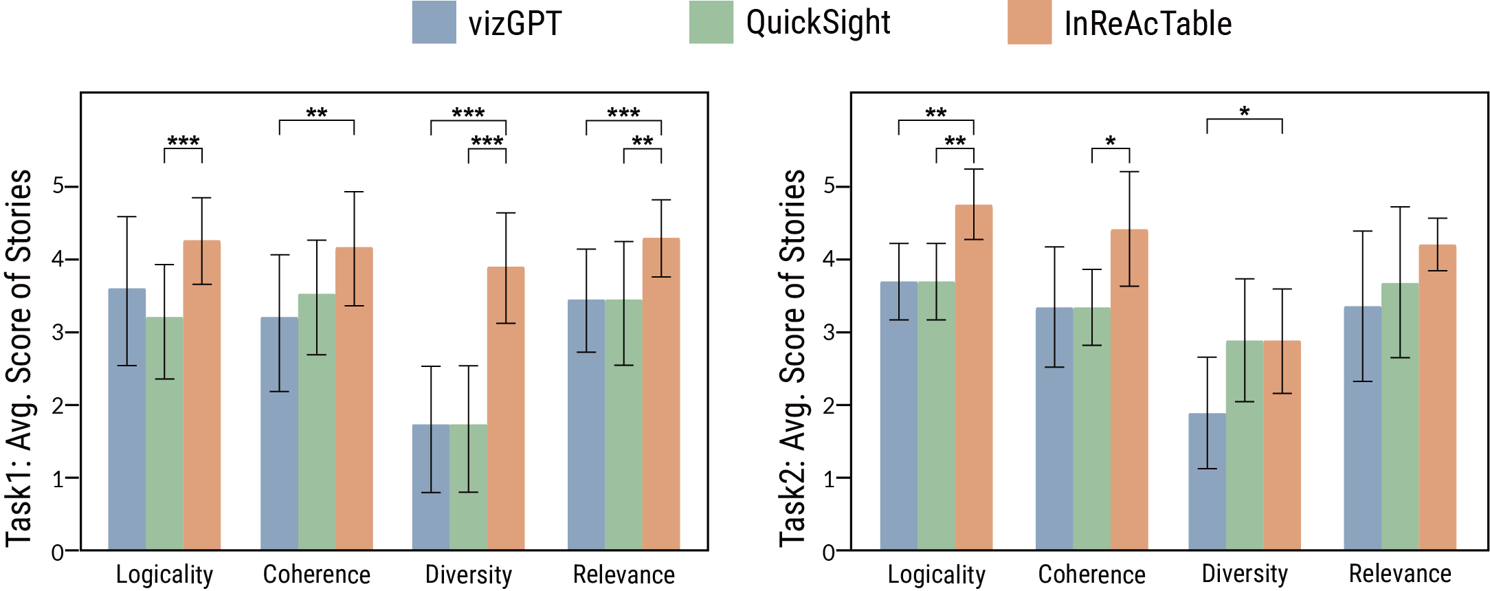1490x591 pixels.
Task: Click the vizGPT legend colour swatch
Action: (x=434, y=23)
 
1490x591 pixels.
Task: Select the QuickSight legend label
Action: (x=817, y=23)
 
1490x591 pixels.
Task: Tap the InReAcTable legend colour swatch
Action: (x=1030, y=23)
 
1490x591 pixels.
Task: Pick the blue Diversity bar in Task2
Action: (x=1207, y=481)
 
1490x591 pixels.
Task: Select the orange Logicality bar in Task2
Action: (x=974, y=378)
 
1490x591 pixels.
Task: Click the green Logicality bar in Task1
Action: (x=164, y=433)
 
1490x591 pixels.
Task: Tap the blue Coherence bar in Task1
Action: (x=279, y=433)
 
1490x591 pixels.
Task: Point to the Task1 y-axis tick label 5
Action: (x=58, y=186)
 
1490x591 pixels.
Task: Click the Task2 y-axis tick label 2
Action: (x=830, y=405)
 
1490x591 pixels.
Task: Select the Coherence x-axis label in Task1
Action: (x=316, y=575)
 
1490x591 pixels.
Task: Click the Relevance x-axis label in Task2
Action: (x=1400, y=574)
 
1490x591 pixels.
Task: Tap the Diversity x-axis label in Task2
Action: (x=1245, y=574)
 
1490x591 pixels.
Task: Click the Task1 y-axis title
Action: (x=19, y=357)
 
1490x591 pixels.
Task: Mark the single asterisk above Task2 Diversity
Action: (x=1245, y=112)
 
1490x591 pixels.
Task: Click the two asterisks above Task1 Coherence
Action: (x=317, y=113)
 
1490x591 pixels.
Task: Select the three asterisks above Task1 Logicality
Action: (x=184, y=142)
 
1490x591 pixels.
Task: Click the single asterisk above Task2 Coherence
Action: (x=1111, y=142)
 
